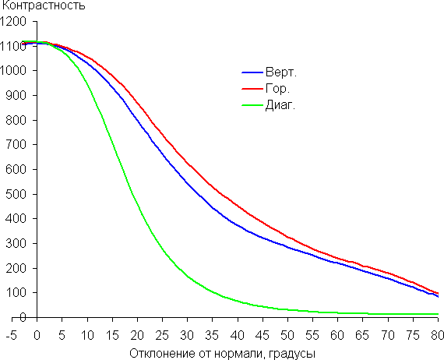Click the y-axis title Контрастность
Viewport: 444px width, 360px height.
[x=44, y=5]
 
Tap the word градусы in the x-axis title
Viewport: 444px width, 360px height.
[x=292, y=354]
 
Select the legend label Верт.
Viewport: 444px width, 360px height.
[x=281, y=72]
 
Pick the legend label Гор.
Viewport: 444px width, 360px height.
[x=277, y=89]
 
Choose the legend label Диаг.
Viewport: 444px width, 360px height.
[x=280, y=105]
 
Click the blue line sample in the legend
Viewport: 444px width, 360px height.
[x=252, y=72]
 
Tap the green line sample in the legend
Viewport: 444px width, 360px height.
[x=252, y=105]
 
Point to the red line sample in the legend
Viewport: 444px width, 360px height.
[x=252, y=89]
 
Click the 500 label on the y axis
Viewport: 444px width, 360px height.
[x=16, y=194]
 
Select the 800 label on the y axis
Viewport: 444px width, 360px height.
[x=16, y=120]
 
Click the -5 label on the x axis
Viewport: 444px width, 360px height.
[x=12, y=336]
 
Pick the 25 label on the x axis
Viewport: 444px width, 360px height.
[x=162, y=336]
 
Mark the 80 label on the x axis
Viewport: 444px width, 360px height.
[x=438, y=336]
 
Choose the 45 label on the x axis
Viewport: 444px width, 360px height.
[x=263, y=336]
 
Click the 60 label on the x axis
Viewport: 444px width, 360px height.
[x=337, y=336]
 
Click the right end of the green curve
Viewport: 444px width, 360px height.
[x=438, y=314]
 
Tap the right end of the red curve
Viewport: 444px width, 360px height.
[x=438, y=293]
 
